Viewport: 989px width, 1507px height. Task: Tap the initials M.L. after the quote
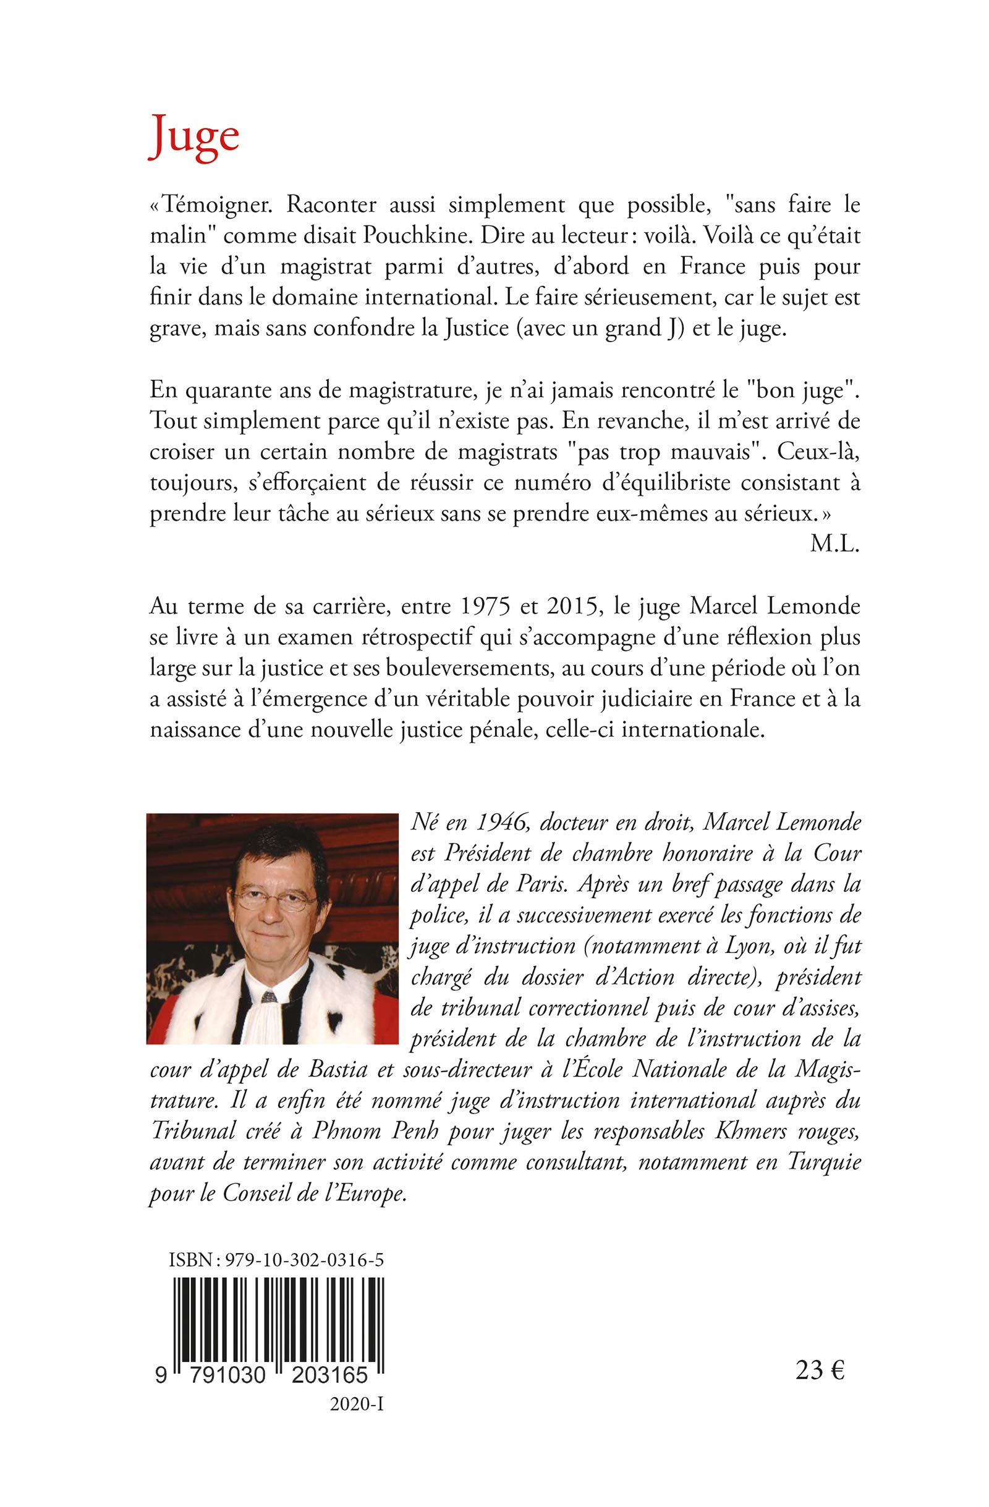point(834,547)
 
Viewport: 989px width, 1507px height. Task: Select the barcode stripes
point(279,1291)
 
